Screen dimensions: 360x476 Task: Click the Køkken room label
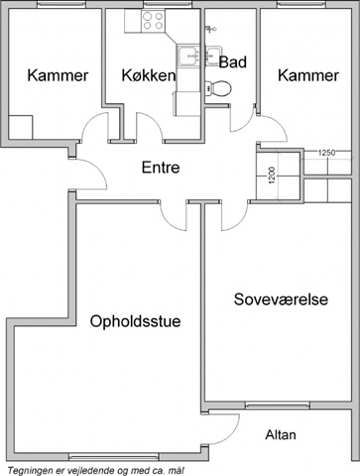(x=149, y=75)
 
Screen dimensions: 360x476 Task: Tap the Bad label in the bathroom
(x=233, y=62)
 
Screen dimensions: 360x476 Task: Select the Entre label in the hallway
(x=161, y=168)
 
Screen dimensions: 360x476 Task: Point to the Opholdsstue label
(x=136, y=321)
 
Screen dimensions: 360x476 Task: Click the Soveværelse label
(x=281, y=299)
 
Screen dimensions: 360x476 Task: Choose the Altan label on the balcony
(x=281, y=434)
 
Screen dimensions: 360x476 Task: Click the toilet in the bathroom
(x=217, y=88)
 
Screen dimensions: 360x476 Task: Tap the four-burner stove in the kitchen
(x=153, y=21)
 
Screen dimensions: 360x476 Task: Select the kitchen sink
(x=188, y=56)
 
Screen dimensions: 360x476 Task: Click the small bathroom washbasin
(x=212, y=55)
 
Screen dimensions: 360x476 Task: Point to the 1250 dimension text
(x=326, y=153)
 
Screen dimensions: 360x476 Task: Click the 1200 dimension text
(x=272, y=176)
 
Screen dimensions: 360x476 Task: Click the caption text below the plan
(x=95, y=470)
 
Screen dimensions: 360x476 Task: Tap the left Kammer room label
(x=58, y=75)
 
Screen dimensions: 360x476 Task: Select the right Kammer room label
(x=308, y=75)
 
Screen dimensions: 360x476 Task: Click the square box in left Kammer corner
(x=21, y=127)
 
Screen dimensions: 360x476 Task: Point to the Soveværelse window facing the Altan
(x=278, y=406)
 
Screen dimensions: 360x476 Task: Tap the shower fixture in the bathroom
(x=210, y=29)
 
